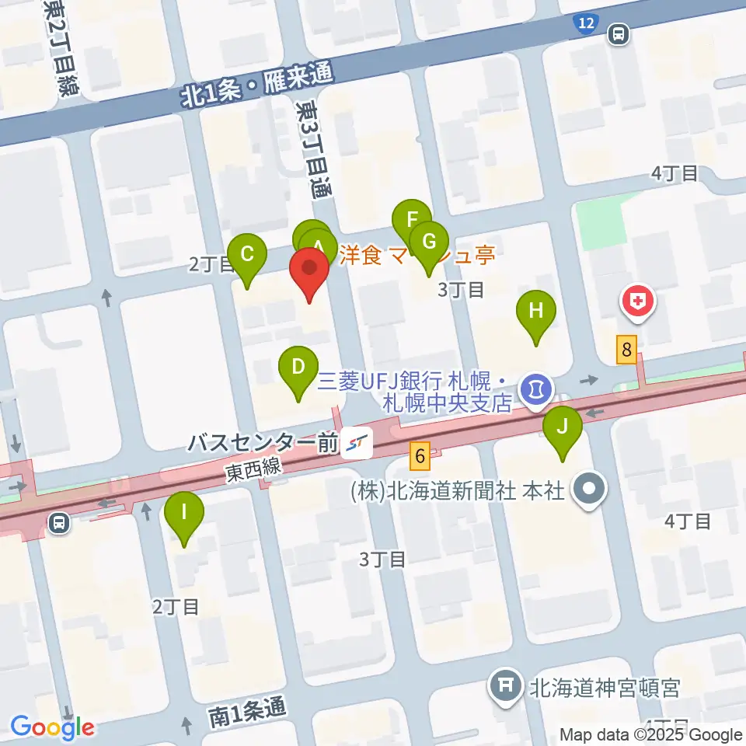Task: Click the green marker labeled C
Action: click(x=247, y=255)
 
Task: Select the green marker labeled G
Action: click(x=428, y=242)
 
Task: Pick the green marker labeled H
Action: click(x=536, y=311)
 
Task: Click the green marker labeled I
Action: click(x=184, y=513)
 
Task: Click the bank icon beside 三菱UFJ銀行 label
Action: click(x=535, y=385)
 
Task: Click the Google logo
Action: click(x=53, y=728)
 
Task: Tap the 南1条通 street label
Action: click(x=246, y=709)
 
